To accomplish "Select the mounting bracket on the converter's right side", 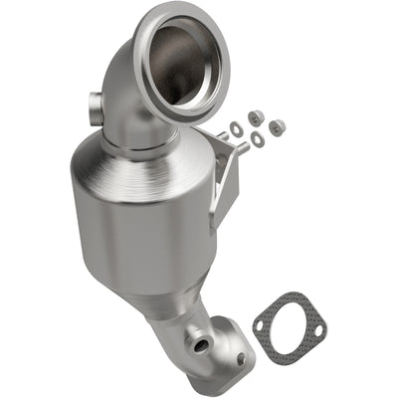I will click(224, 174).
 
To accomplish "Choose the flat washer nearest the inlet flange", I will click(237, 128).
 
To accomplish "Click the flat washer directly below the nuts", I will click(258, 139).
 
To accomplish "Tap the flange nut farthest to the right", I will click(277, 126).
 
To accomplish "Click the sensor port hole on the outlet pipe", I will click(202, 345).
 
